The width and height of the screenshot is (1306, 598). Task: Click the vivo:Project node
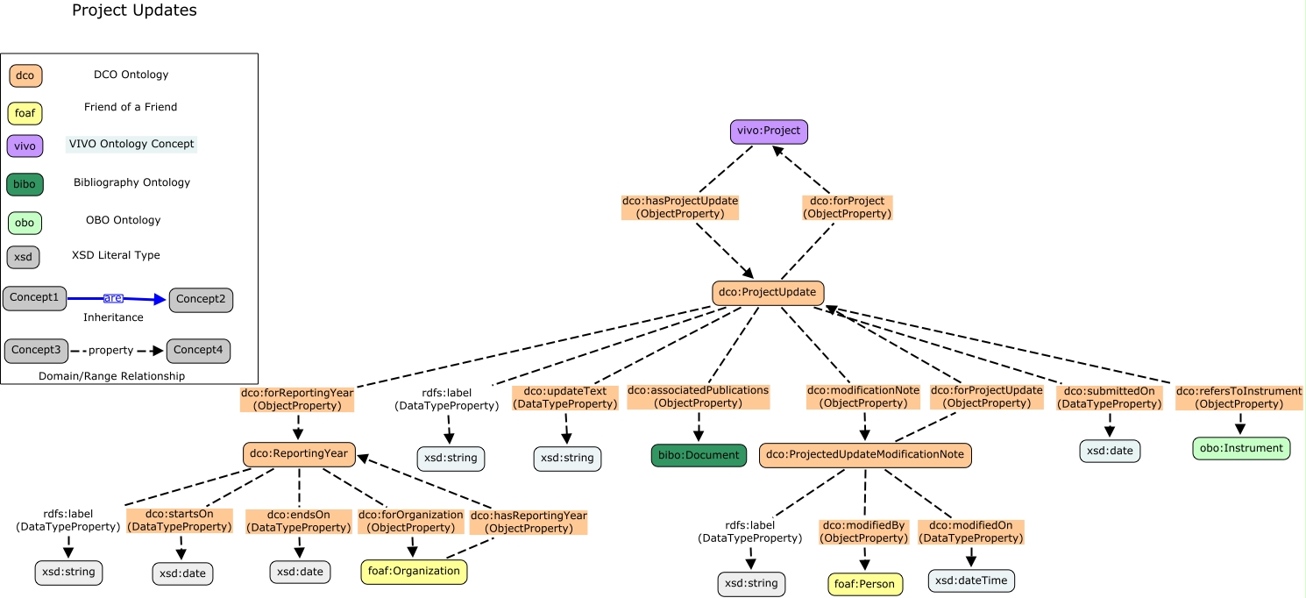[x=769, y=132]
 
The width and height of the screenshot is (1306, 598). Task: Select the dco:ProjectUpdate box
[x=768, y=293]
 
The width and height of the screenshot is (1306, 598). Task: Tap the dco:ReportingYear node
[x=299, y=454]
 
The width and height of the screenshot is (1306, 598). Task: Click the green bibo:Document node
[x=699, y=456]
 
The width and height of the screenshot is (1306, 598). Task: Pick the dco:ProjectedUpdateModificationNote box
[x=865, y=455]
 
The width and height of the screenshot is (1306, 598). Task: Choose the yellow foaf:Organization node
[x=414, y=572]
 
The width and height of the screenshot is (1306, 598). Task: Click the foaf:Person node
[x=865, y=585]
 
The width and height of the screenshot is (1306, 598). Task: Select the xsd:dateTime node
[x=971, y=580]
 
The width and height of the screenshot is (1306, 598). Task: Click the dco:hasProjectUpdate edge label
[x=680, y=208]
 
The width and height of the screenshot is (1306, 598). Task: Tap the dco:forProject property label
[x=848, y=208]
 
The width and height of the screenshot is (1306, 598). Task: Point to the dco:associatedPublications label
[x=699, y=396]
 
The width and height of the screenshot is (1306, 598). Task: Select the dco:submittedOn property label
[x=1110, y=397]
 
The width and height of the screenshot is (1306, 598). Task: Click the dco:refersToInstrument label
[x=1239, y=397]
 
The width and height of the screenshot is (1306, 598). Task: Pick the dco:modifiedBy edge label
[x=862, y=532]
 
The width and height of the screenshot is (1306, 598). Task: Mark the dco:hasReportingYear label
[x=529, y=522]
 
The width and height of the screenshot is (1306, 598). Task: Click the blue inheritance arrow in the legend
[x=116, y=299]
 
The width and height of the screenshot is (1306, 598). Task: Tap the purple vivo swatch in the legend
[x=25, y=146]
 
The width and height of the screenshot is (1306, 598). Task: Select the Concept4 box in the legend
[x=198, y=351]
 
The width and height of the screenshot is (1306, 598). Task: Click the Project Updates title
[x=134, y=11]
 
